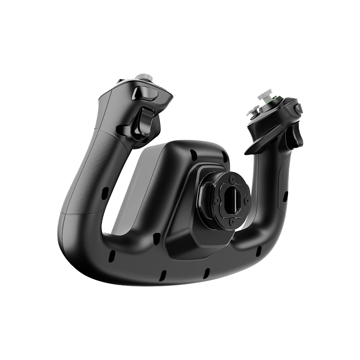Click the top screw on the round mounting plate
click(232, 178)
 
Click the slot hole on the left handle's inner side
click(105, 193)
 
